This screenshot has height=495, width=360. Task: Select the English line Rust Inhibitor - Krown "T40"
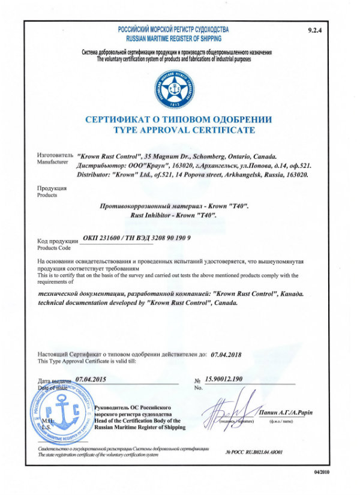pyautogui.click(x=173, y=215)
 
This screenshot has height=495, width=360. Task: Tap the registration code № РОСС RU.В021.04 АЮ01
pyautogui.click(x=253, y=451)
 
